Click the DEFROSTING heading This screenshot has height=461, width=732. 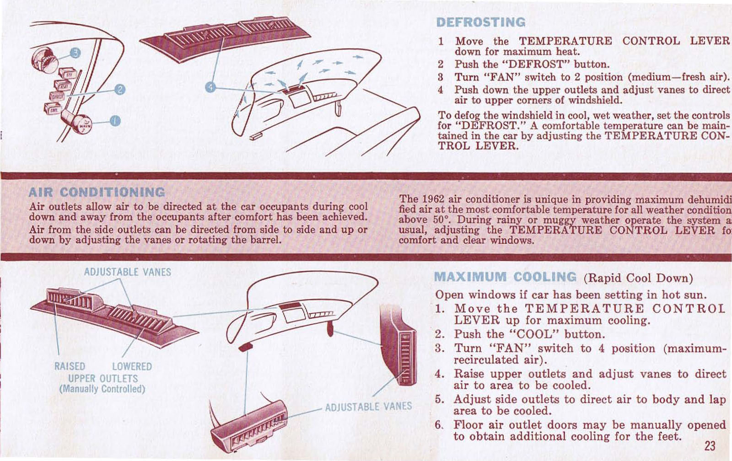point(481,22)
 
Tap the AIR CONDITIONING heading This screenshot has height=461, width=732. point(97,192)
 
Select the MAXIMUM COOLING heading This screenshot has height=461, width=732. point(505,277)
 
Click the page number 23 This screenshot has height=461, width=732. point(710,445)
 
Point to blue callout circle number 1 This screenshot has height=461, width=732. point(115,121)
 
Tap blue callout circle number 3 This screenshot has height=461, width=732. point(75,54)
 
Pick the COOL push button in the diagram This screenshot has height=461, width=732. point(51,109)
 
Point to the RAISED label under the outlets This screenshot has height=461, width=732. point(70,366)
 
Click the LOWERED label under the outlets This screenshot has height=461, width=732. point(132,366)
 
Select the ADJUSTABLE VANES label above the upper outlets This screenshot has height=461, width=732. point(127,272)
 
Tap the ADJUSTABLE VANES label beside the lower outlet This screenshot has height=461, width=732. point(368,406)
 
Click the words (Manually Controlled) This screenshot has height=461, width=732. point(102,389)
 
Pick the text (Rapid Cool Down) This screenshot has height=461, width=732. point(638,278)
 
